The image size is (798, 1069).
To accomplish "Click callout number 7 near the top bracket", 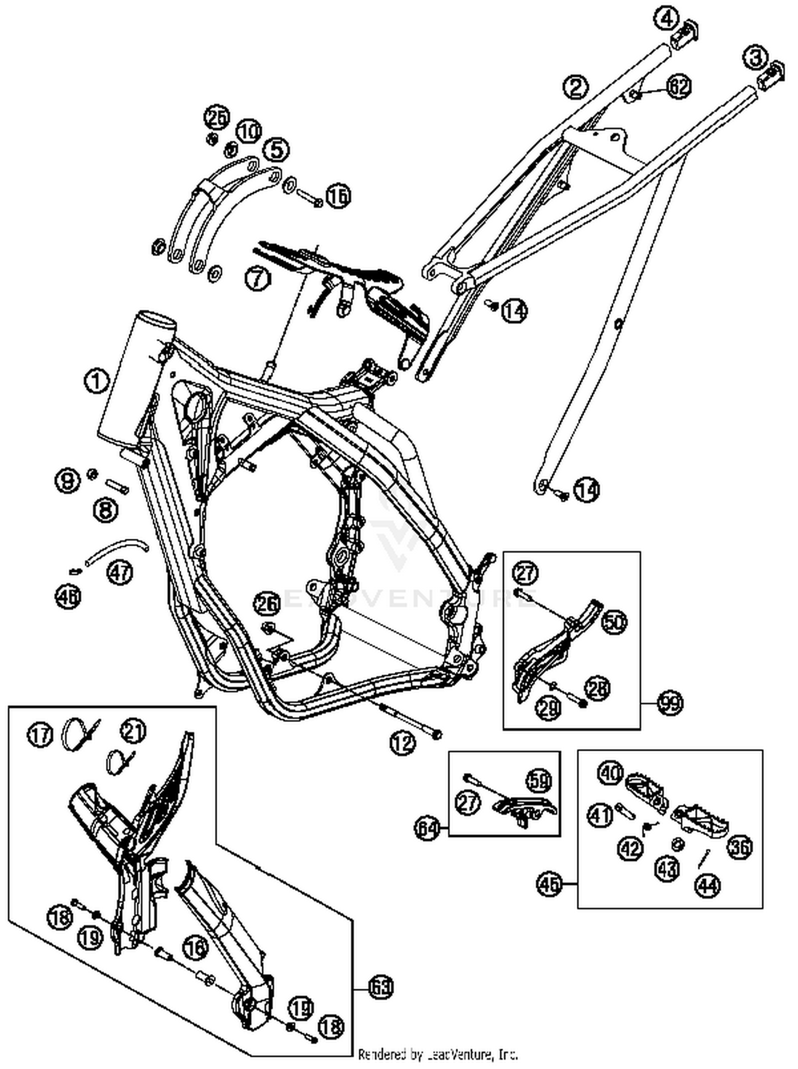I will [257, 278].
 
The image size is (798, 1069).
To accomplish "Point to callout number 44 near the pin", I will [709, 885].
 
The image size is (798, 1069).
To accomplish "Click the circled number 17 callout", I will [40, 735].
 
